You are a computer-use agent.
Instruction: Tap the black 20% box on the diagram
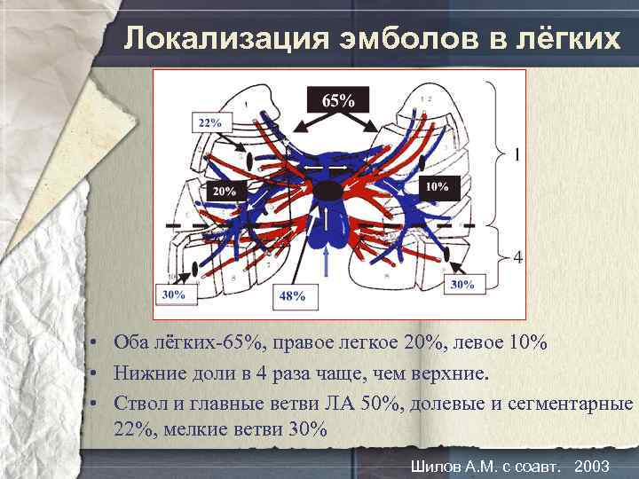point(225,191)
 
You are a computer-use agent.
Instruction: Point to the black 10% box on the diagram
point(437,187)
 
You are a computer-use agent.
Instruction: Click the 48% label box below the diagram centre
point(292,295)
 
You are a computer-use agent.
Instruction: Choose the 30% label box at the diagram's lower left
point(175,294)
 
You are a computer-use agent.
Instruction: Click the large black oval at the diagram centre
point(327,190)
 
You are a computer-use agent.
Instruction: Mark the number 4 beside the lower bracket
point(517,257)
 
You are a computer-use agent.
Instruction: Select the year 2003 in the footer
point(592,467)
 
